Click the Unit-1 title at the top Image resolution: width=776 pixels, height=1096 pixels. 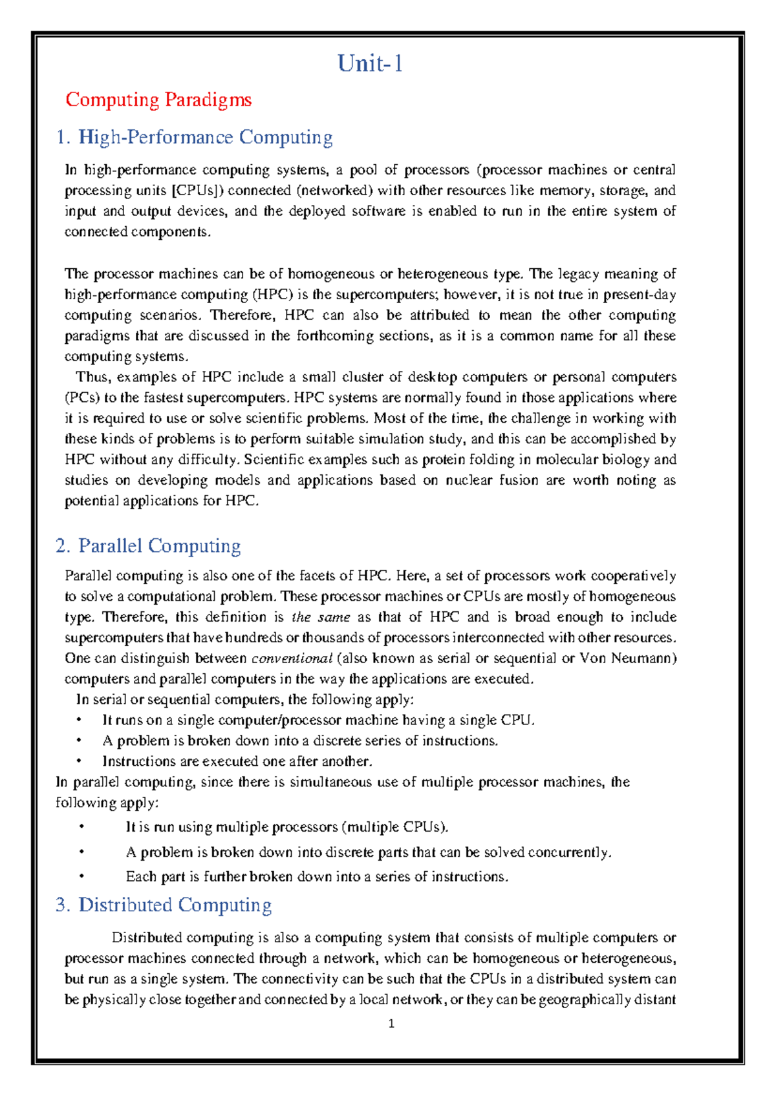[x=371, y=63]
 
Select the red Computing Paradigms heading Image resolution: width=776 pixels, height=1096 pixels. [x=158, y=100]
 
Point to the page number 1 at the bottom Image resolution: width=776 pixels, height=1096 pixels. [x=391, y=1024]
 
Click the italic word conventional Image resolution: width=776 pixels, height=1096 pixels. [x=292, y=659]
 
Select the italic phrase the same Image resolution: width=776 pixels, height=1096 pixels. [x=321, y=617]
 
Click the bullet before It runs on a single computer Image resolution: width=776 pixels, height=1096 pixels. [x=78, y=721]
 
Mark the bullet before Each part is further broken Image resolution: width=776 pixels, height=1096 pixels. [x=81, y=877]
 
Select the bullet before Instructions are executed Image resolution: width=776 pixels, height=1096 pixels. [x=78, y=761]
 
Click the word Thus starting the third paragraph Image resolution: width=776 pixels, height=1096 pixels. [x=92, y=377]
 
